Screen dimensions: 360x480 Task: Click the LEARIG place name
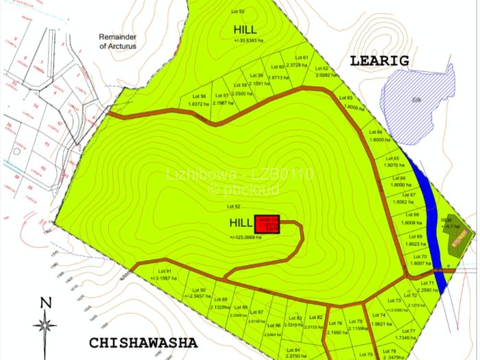379,61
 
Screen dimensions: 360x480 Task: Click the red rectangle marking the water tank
267,225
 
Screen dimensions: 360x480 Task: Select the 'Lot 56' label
200,96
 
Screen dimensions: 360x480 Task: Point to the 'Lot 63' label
345,98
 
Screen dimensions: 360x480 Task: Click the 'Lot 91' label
163,271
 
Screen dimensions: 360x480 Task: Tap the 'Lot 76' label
335,324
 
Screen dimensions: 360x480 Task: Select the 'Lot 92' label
233,206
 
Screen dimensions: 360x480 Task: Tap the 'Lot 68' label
412,215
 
